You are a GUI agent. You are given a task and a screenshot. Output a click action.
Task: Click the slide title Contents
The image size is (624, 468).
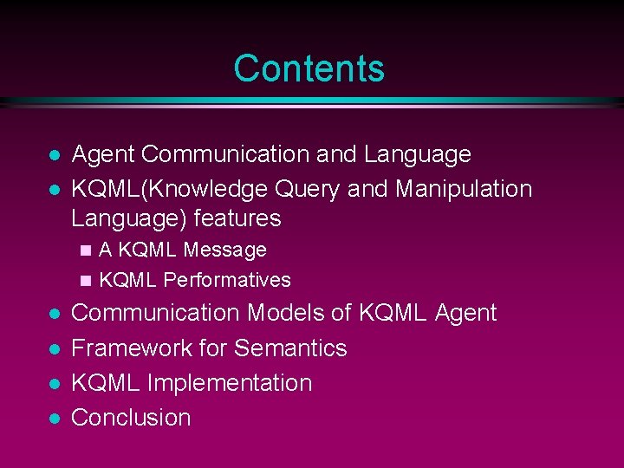[x=309, y=68]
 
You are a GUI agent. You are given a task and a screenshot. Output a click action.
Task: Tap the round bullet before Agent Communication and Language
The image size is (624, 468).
[x=54, y=156]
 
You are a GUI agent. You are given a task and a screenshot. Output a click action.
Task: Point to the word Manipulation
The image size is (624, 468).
[x=465, y=188]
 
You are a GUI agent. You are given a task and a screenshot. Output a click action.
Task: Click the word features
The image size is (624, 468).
[x=240, y=218]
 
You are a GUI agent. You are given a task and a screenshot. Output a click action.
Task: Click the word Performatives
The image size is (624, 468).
[x=227, y=280]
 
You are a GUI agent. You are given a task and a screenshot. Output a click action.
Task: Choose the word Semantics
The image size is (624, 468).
[x=290, y=348]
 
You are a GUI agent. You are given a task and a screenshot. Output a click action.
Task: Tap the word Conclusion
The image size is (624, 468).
[x=131, y=418]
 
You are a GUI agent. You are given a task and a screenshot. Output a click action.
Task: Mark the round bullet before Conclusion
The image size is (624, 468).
[x=54, y=419]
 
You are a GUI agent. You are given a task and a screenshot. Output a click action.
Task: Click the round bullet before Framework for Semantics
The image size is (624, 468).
[x=54, y=349]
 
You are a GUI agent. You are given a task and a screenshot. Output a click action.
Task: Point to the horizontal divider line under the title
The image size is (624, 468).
[x=312, y=101]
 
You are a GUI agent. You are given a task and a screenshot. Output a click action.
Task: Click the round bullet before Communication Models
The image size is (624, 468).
[x=54, y=315]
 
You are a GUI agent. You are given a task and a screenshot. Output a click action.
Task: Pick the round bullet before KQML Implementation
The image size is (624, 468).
[x=54, y=384]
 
